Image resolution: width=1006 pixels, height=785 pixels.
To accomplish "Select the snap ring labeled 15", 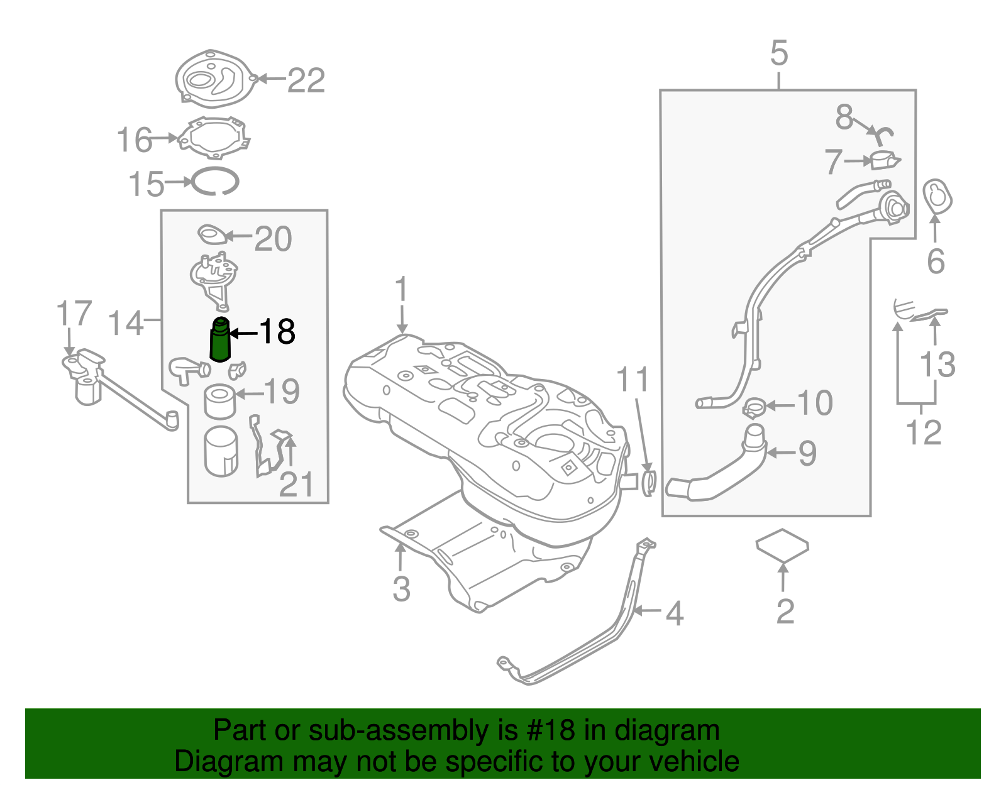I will click(216, 182).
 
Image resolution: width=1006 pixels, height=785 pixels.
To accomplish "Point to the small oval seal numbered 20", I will click(213, 235).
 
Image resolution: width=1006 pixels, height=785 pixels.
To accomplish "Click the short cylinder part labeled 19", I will click(219, 402).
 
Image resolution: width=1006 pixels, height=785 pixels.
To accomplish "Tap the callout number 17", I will click(74, 314).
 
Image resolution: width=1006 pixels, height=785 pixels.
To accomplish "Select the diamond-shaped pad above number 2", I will click(782, 544).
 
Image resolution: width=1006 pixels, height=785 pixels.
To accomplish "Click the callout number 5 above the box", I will click(778, 53).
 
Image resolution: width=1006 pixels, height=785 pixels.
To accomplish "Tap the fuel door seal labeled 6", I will click(937, 197).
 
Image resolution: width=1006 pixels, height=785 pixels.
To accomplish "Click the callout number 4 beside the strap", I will click(674, 613).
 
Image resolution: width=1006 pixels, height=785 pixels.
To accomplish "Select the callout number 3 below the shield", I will click(401, 589).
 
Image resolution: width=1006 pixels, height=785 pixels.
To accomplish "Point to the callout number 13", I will click(937, 365).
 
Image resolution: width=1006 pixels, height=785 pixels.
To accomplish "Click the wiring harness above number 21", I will click(259, 446).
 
